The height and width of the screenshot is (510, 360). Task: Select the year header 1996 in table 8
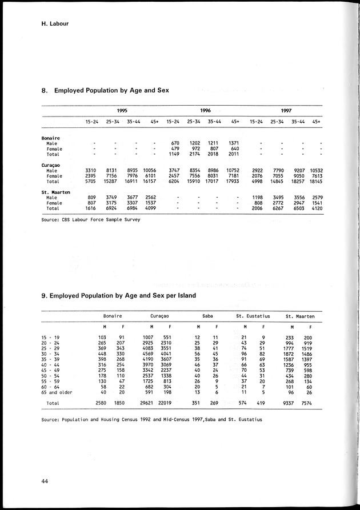(x=206, y=110)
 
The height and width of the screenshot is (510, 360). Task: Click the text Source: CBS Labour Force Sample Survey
(x=90, y=219)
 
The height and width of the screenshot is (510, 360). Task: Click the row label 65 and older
(x=58, y=392)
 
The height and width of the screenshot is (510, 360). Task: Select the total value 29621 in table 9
(x=149, y=403)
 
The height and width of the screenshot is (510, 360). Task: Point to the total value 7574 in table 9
(x=308, y=403)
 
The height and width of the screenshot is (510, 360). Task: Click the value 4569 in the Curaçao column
(x=150, y=354)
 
